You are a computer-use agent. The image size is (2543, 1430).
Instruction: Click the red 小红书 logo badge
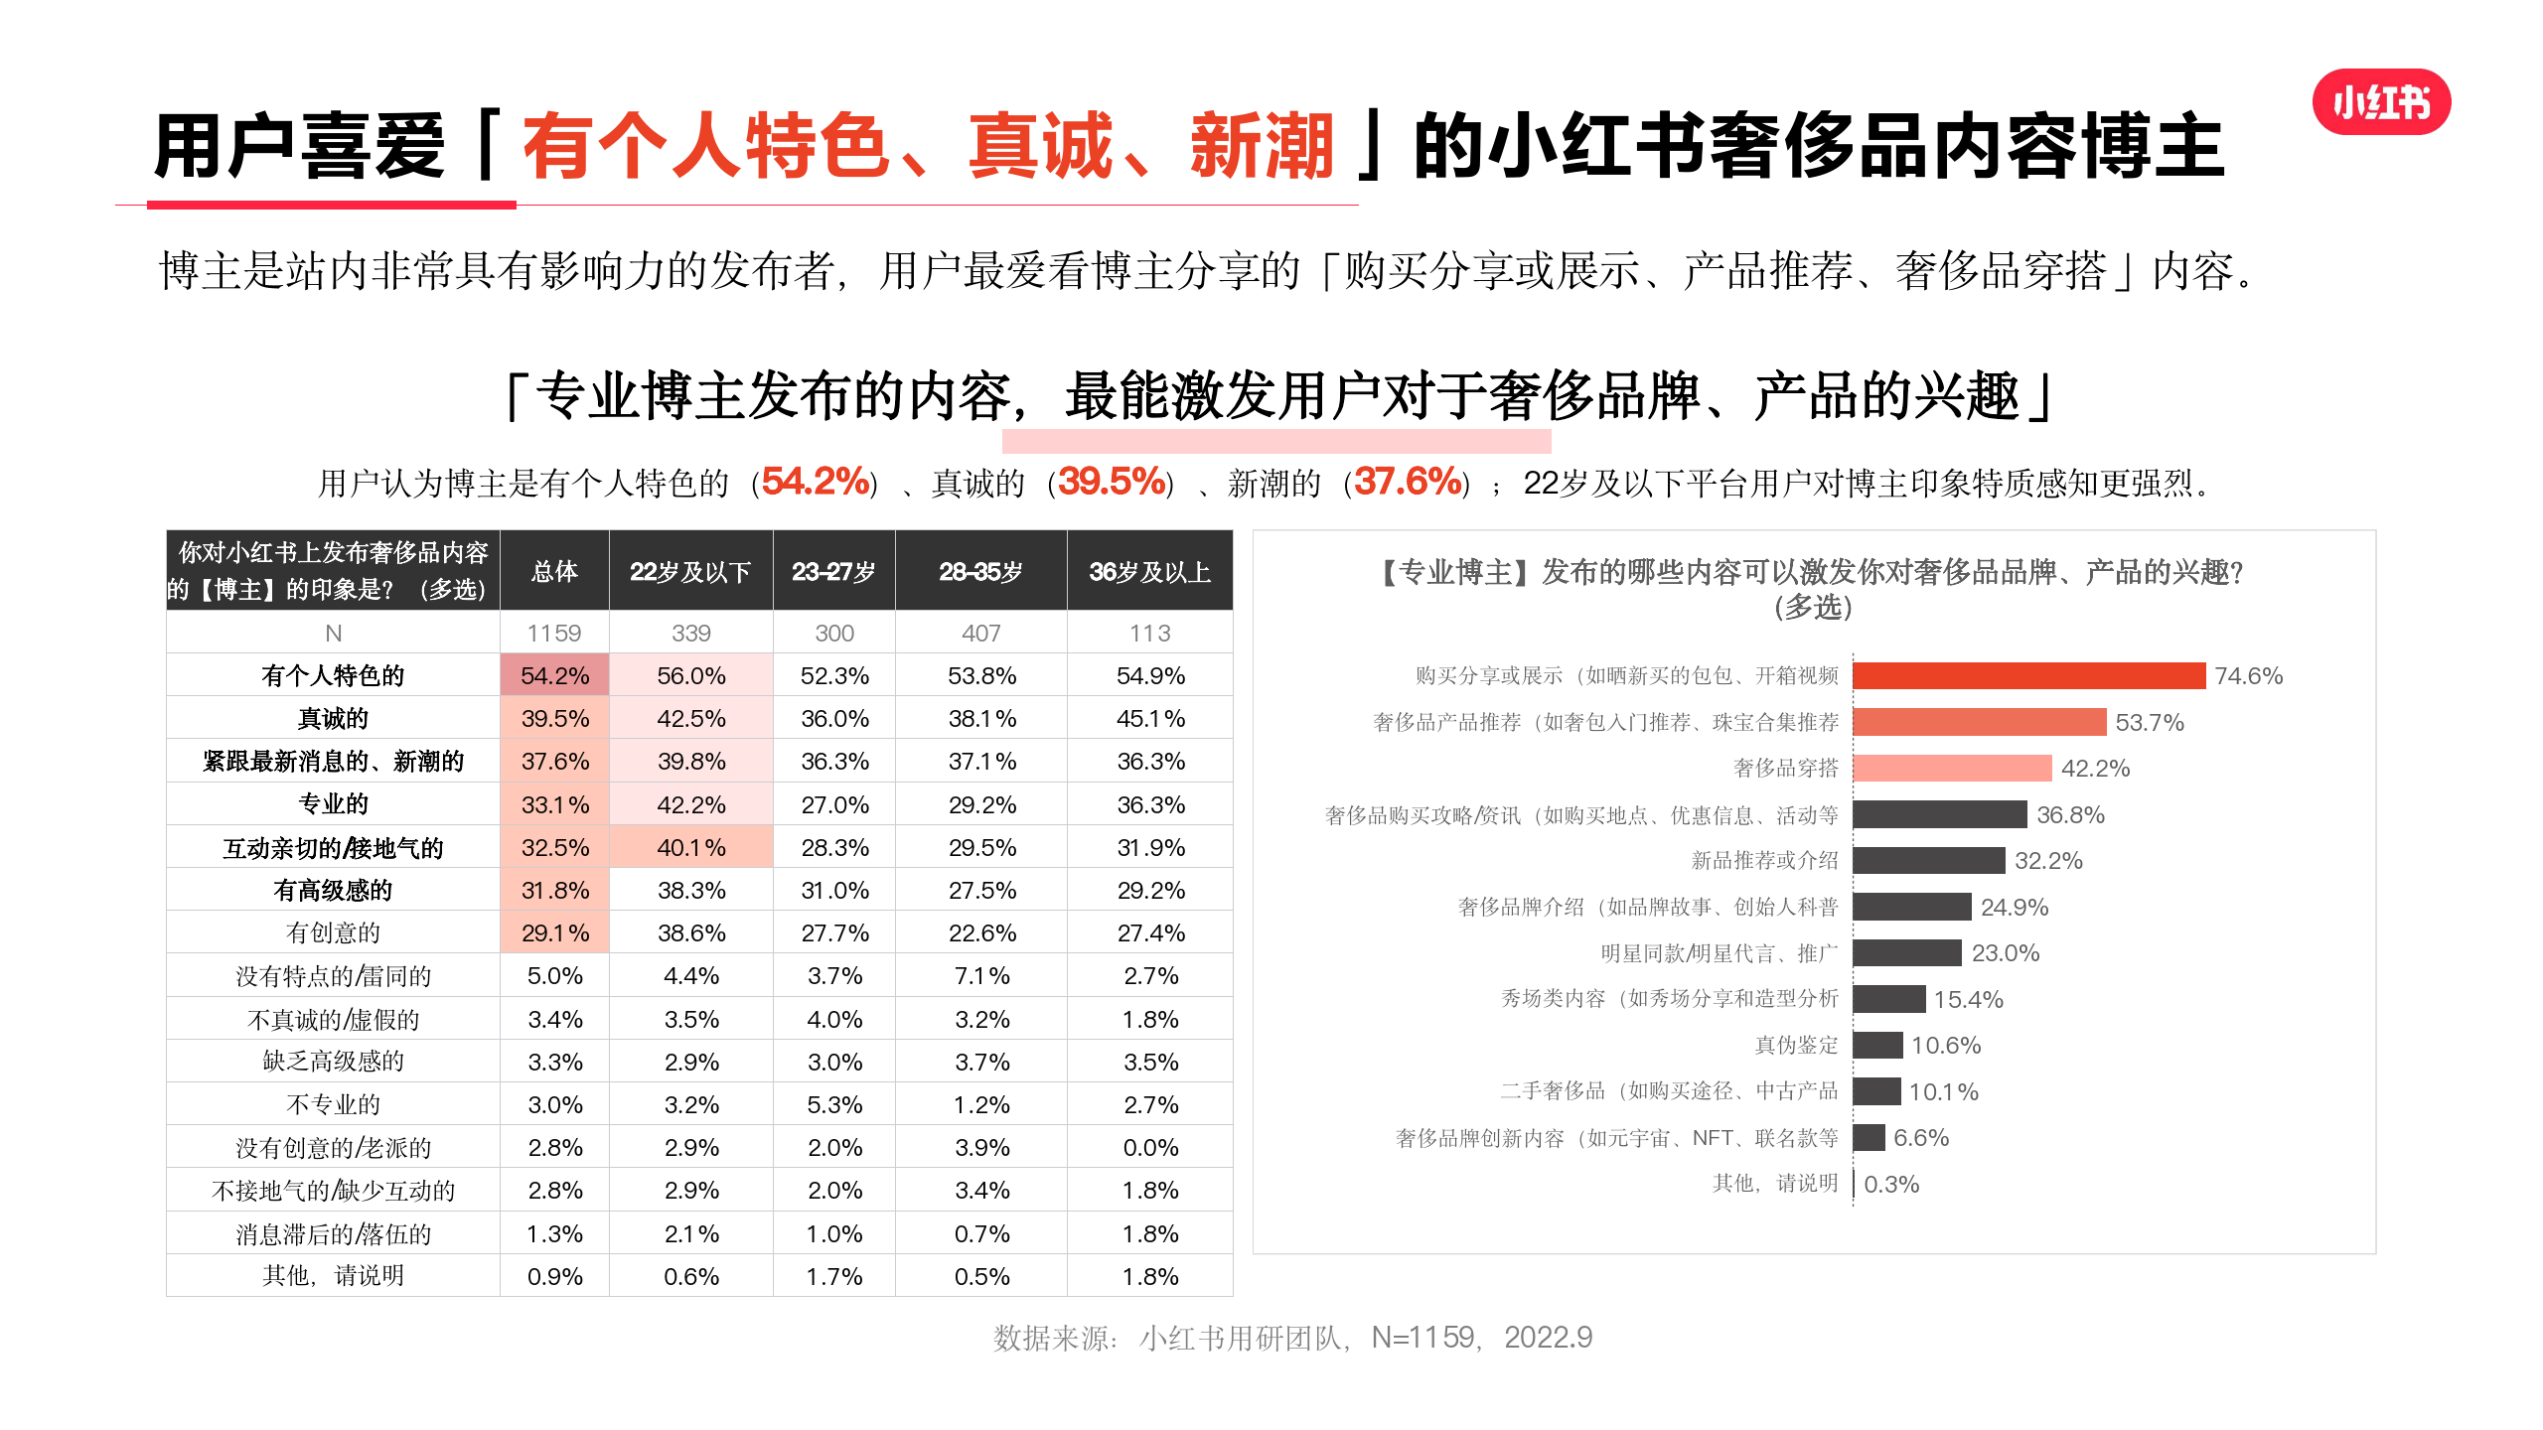(2381, 102)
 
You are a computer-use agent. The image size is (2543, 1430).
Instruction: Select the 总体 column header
(554, 571)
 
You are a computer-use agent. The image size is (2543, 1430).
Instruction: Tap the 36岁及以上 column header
(1149, 571)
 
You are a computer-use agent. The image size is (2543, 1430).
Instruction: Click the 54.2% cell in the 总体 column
(554, 676)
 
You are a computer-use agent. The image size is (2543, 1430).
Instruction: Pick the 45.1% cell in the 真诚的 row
(1150, 719)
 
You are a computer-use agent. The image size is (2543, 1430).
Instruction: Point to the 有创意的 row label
(333, 933)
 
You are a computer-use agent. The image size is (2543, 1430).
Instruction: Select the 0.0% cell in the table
(1150, 1148)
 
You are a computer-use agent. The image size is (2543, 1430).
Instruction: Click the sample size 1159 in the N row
(554, 634)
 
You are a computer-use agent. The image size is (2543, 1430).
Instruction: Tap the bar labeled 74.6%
(2028, 676)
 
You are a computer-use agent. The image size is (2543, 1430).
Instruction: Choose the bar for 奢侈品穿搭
(1952, 769)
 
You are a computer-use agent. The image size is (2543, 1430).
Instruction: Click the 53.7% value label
(2150, 723)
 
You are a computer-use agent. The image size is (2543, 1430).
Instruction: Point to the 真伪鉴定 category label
(1796, 1045)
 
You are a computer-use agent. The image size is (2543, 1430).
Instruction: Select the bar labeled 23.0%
(1907, 953)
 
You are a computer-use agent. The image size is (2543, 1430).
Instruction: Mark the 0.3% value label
(1891, 1185)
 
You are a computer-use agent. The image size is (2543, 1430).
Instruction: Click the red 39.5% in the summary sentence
(1112, 483)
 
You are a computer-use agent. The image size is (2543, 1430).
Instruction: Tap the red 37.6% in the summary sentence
(1408, 483)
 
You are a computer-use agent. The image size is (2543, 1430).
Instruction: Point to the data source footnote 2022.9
(1548, 1338)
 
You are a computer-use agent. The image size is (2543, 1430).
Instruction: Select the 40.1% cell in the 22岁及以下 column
(691, 848)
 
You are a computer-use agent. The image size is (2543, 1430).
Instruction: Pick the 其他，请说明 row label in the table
(333, 1276)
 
